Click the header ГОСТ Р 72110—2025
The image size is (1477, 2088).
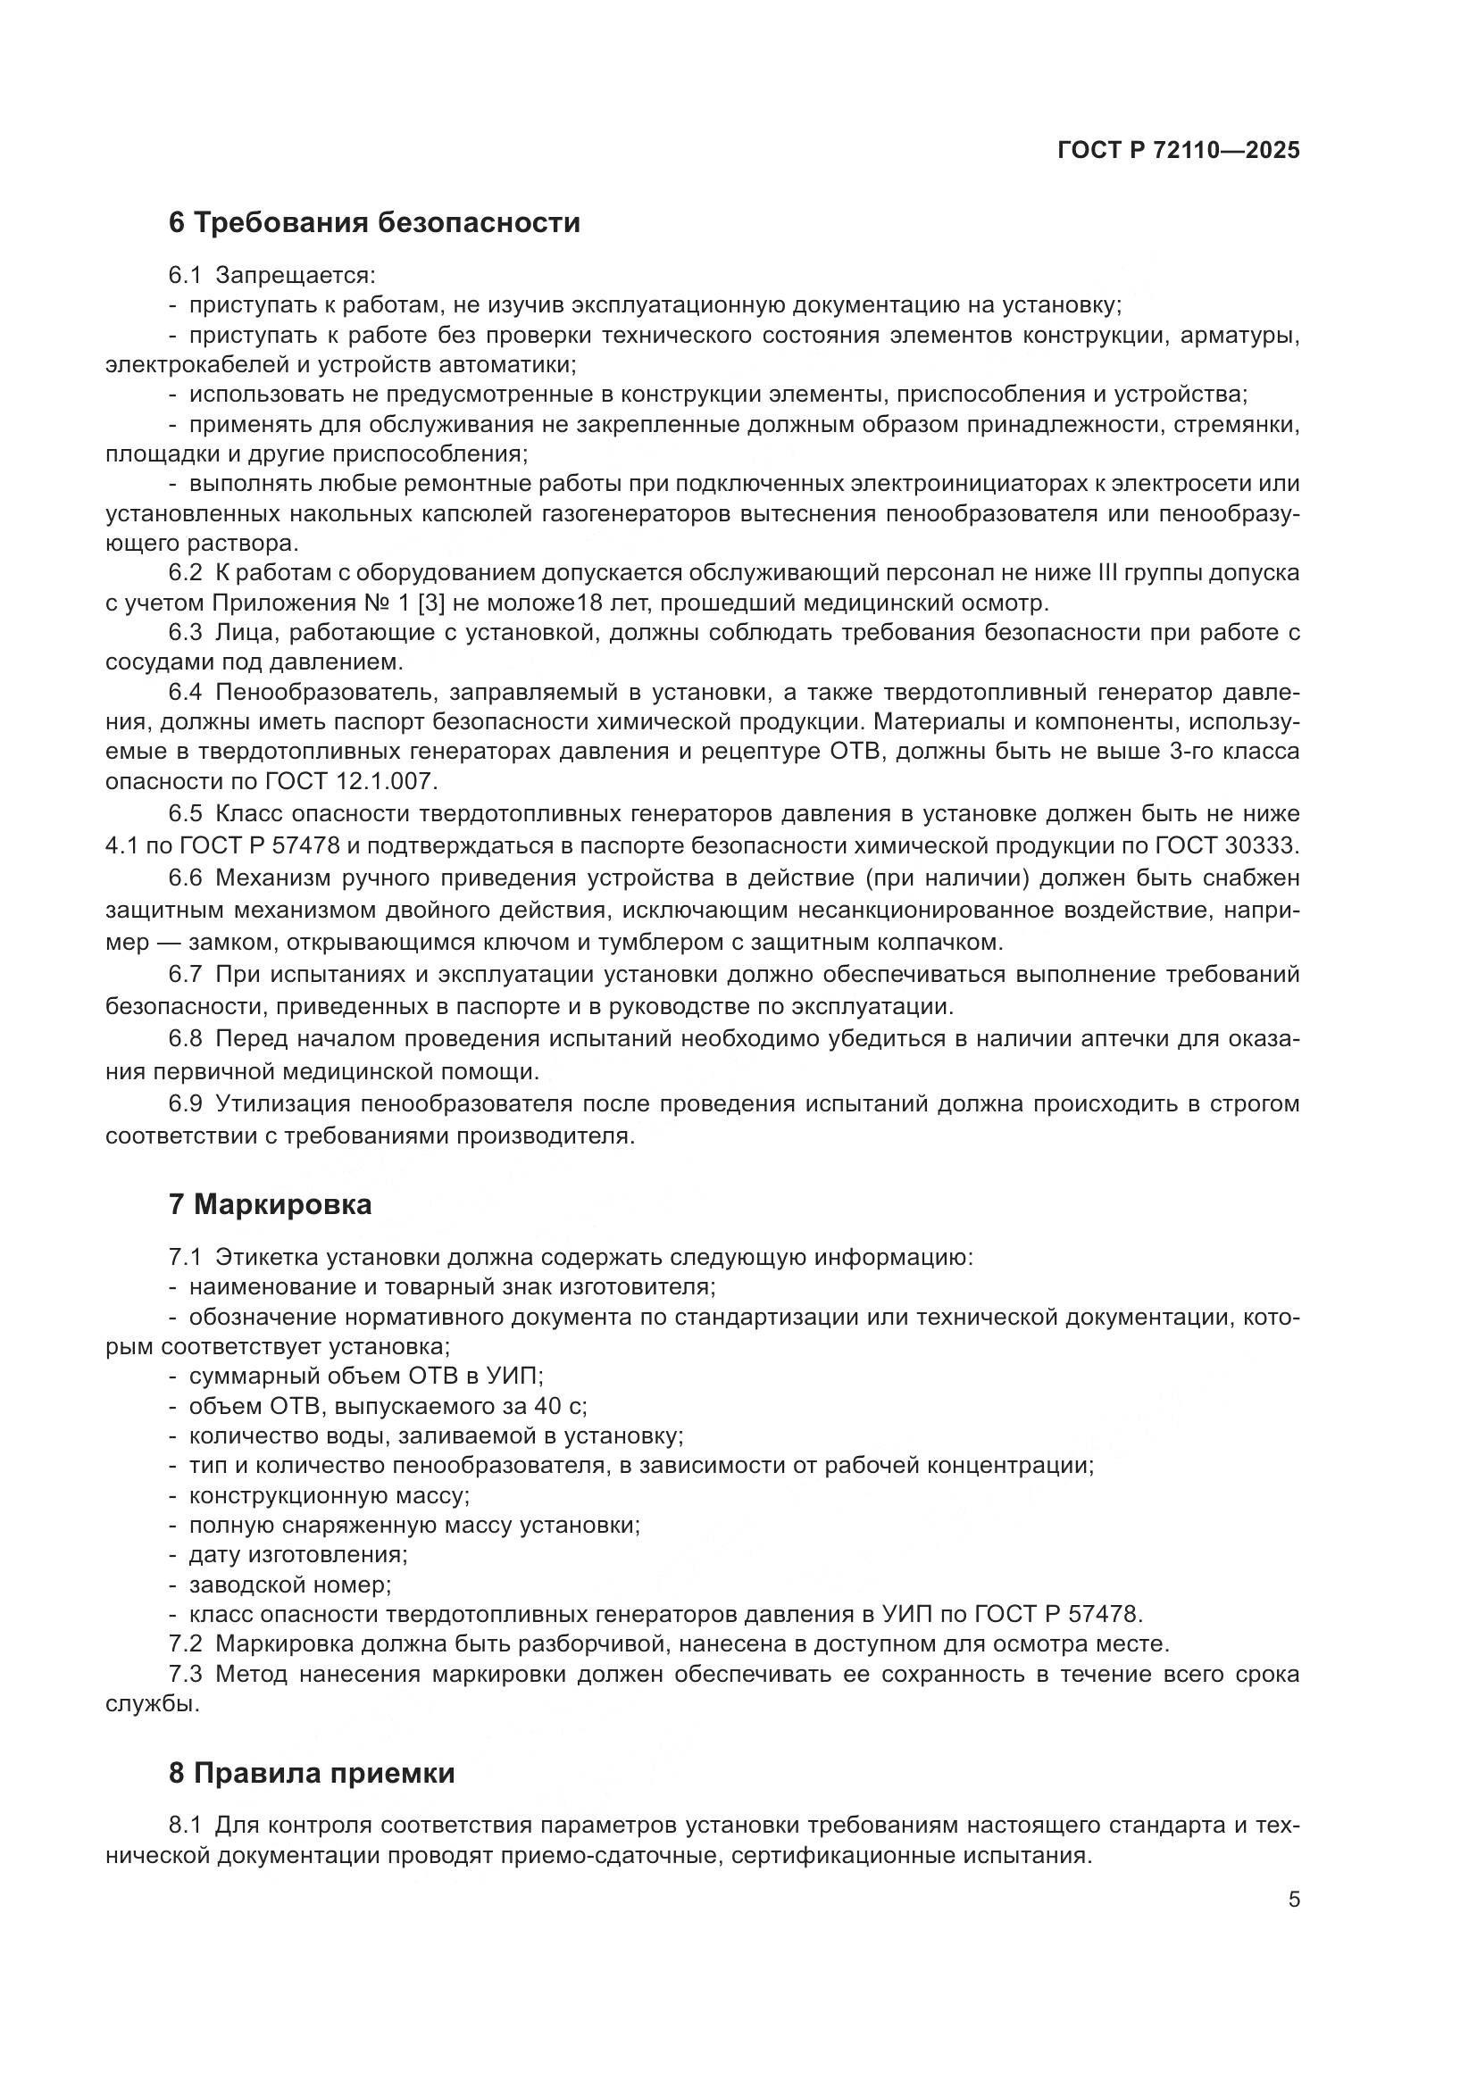coord(1179,150)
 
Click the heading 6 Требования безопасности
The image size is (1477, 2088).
coord(374,223)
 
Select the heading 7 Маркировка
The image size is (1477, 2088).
coord(270,1205)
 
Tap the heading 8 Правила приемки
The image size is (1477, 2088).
coord(311,1774)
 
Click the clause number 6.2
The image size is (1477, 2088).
coord(185,573)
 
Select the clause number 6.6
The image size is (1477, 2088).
coord(185,878)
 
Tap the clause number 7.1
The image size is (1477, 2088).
coord(185,1258)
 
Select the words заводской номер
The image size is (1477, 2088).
coord(289,1585)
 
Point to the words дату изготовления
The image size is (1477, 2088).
coord(297,1555)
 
